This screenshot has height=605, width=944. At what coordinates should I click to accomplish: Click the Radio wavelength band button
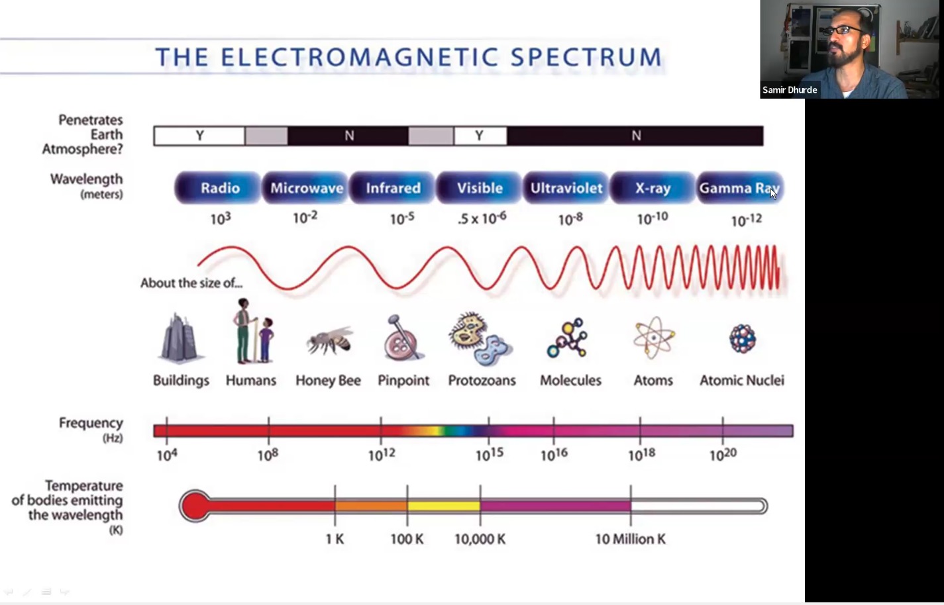218,188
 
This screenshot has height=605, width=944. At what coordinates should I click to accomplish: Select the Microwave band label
306,188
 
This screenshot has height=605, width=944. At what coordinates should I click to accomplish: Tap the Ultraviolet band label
566,188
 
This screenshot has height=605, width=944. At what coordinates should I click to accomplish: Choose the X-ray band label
653,188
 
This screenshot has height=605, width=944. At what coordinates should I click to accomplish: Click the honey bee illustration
330,341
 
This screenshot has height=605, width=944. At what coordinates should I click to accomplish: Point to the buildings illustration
179,338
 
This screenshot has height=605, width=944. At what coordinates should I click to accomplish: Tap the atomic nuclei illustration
743,338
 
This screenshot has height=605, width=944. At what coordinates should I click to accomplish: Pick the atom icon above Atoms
654,338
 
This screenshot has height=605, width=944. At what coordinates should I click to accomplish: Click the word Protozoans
482,380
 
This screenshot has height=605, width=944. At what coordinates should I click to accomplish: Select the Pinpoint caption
403,380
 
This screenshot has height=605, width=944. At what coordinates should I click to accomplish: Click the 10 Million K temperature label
630,539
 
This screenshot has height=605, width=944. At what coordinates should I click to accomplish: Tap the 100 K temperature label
407,539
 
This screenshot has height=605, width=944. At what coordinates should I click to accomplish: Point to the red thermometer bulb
195,506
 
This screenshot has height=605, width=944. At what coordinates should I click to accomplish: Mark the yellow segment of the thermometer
443,506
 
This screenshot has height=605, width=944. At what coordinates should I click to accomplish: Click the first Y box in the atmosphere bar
199,136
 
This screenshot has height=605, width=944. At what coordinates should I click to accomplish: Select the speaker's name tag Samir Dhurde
790,90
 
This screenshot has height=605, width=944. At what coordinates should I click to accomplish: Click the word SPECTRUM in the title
586,58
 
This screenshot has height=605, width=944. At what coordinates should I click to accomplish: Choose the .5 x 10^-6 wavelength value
482,218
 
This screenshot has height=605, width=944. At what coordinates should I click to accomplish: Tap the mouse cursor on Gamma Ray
773,193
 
